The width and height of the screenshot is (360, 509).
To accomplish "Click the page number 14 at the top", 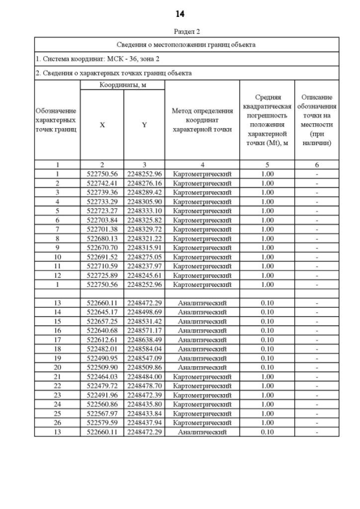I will [180, 14].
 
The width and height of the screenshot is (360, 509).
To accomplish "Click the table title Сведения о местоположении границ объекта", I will [186, 44].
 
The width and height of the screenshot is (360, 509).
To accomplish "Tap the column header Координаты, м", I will [122, 85].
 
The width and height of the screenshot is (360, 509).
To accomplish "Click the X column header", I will [102, 125].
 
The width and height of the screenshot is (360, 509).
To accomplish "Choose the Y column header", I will [144, 125].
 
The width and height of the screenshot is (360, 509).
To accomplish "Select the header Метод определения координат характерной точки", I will [202, 120].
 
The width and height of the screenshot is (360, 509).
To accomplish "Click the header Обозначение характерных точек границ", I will [57, 120].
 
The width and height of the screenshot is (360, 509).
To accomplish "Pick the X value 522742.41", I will [102, 183].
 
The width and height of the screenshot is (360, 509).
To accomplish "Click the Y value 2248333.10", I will [144, 211].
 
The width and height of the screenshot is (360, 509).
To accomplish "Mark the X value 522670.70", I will [102, 247].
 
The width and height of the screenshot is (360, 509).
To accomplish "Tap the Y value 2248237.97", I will [144, 266].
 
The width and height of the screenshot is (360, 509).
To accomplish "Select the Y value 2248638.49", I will [144, 340].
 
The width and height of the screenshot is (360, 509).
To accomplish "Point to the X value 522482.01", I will [102, 349].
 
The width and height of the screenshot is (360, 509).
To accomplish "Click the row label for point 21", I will [57, 376].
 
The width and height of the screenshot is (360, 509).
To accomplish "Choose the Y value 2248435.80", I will [144, 404].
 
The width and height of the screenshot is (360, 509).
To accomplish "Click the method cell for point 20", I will [202, 367].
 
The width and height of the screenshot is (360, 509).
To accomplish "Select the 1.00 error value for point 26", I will [267, 422].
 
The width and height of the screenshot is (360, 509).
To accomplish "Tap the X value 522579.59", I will [102, 422].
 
